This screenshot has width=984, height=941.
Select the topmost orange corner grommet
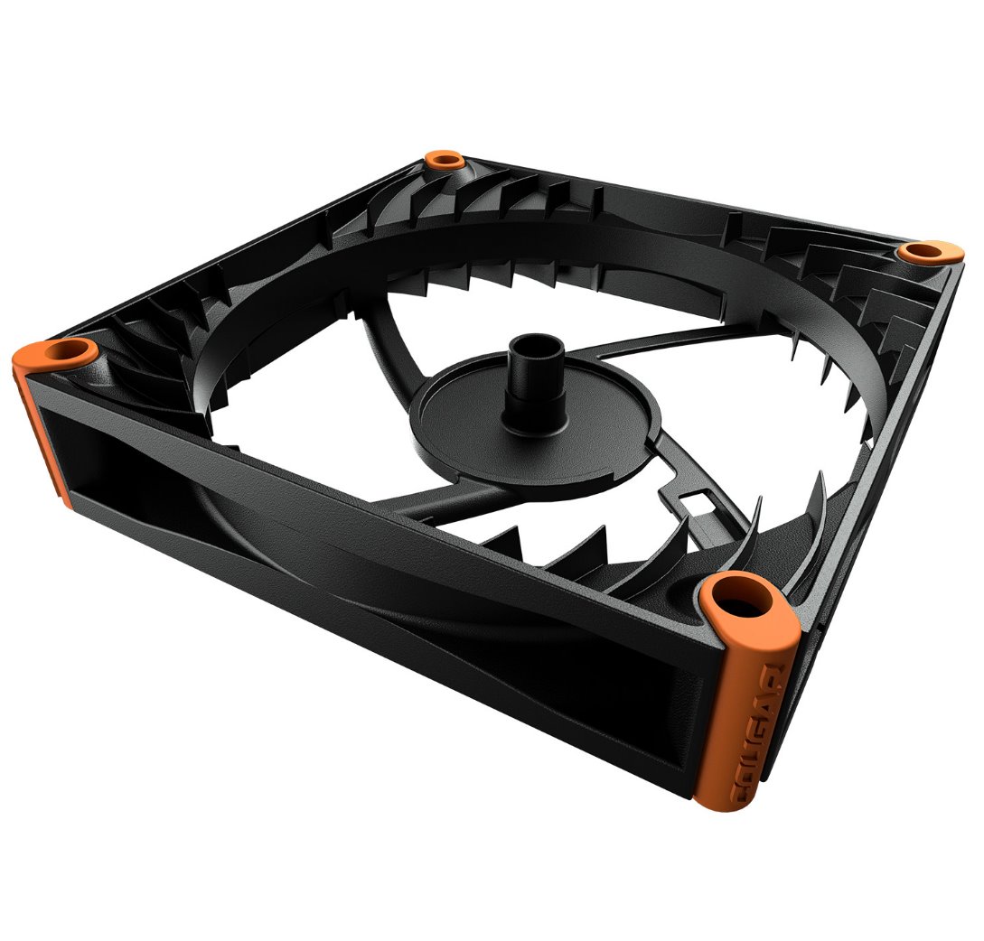[445, 162]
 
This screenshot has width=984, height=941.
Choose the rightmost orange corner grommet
[923, 251]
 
